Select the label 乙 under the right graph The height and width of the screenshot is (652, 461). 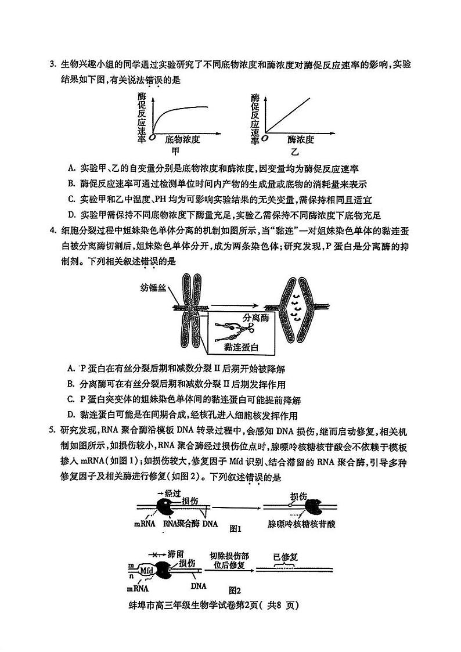pos(294,152)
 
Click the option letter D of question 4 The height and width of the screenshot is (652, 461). pos(70,415)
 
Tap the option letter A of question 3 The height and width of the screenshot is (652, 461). pos(70,169)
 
